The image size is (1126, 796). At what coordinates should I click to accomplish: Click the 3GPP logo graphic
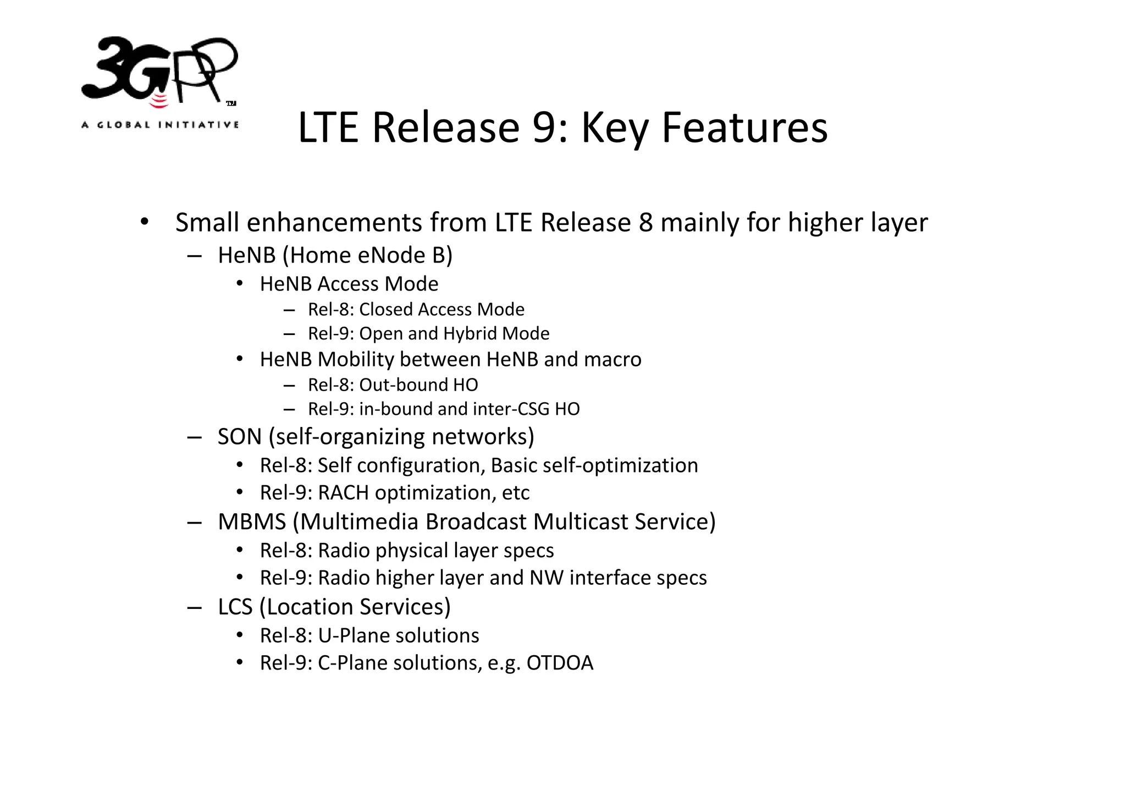pos(159,72)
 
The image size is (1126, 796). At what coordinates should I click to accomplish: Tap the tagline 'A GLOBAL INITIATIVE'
pos(160,125)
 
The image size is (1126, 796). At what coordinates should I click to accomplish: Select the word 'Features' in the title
pos(744,128)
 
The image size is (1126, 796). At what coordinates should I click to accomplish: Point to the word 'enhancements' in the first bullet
pos(335,223)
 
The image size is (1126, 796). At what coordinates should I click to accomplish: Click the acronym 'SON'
pos(240,437)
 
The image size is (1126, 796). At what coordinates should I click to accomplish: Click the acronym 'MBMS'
pos(252,522)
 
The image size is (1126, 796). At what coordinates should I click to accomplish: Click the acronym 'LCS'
pos(235,607)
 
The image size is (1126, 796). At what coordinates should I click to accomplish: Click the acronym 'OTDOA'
pos(560,663)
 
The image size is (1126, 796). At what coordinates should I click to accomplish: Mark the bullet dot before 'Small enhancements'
pos(144,222)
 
